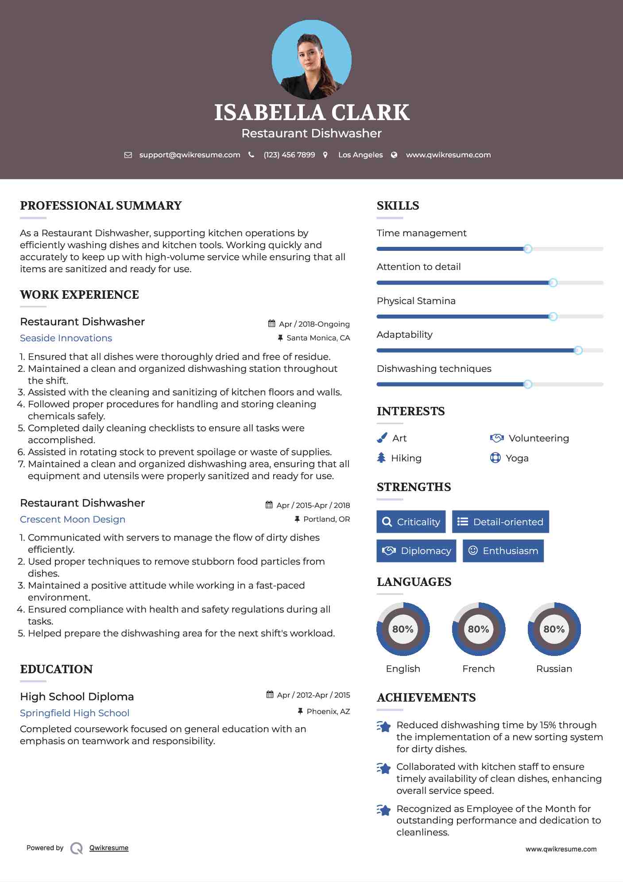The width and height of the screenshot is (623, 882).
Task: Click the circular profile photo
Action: (x=311, y=60)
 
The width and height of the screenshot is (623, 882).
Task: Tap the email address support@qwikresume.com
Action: (x=190, y=155)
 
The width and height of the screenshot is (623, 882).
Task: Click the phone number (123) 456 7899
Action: (x=289, y=155)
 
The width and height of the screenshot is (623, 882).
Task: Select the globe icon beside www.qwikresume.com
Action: (x=394, y=155)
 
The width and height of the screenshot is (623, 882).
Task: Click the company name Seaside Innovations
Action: (x=66, y=338)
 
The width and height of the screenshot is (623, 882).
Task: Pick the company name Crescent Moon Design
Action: (x=73, y=519)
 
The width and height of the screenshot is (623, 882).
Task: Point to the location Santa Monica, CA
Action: (x=318, y=338)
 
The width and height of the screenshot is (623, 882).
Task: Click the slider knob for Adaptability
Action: (x=578, y=351)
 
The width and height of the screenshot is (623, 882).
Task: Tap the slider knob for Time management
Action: (x=527, y=249)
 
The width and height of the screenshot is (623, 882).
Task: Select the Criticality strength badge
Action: (x=411, y=522)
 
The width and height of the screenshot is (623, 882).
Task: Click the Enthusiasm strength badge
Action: (x=503, y=551)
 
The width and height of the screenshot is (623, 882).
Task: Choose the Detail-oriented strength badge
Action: (x=500, y=522)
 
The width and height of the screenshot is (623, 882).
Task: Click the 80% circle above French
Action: (x=478, y=629)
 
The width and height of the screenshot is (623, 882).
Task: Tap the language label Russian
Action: (x=554, y=669)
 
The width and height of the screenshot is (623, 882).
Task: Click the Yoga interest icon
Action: (x=495, y=458)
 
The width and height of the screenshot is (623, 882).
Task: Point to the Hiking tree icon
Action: (x=381, y=458)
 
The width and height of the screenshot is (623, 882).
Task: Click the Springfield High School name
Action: (x=75, y=713)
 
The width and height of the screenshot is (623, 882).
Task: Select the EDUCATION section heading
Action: (x=57, y=669)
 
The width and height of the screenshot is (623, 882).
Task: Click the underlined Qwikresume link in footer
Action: (x=109, y=848)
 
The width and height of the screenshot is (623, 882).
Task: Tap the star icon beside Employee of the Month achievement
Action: (x=384, y=810)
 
